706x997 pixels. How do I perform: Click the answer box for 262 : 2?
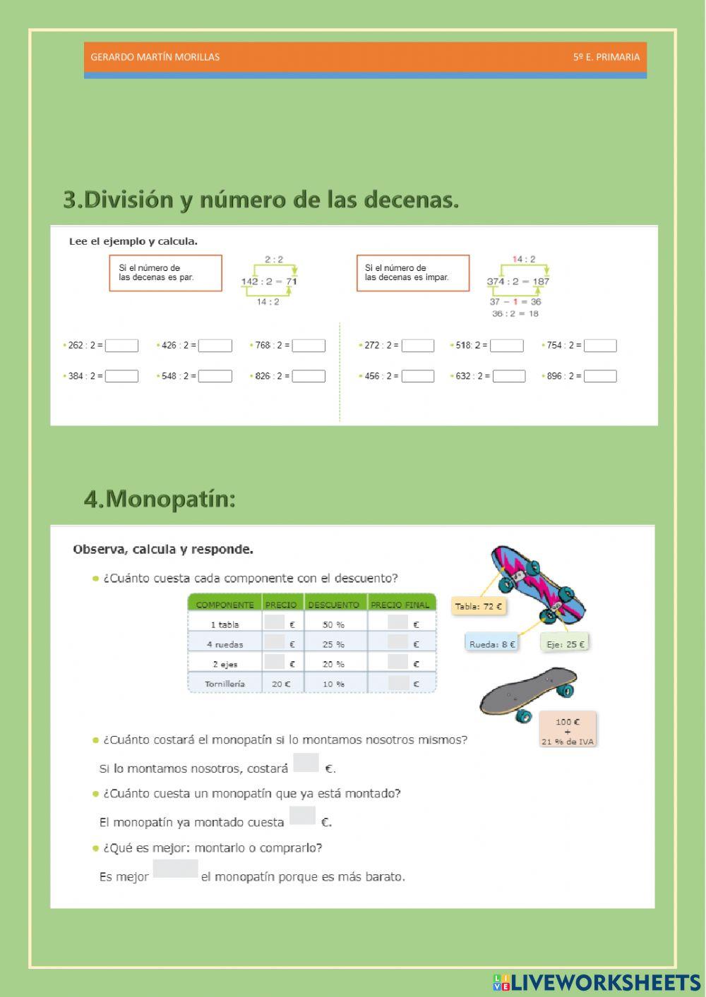pyautogui.click(x=121, y=346)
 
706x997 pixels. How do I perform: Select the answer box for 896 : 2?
pyautogui.click(x=600, y=376)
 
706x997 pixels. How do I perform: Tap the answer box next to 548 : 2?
pyautogui.click(x=215, y=376)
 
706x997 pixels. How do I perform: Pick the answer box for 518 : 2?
pyautogui.click(x=507, y=346)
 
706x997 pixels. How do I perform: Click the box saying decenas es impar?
pyautogui.click(x=412, y=273)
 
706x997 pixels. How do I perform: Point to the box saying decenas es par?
pyautogui.click(x=165, y=273)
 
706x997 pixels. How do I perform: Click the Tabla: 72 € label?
pyautogui.click(x=479, y=606)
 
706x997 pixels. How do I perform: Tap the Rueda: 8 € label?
pyautogui.click(x=491, y=644)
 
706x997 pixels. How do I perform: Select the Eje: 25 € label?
pyautogui.click(x=565, y=643)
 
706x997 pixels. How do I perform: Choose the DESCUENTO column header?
pyautogui.click(x=334, y=605)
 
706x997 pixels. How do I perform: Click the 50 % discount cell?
pyautogui.click(x=334, y=624)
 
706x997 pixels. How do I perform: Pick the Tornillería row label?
pyautogui.click(x=225, y=684)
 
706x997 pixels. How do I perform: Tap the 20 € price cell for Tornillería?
pyautogui.click(x=281, y=684)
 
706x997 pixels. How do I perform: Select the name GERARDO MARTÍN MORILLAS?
pyautogui.click(x=155, y=57)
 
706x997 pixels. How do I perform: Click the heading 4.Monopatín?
pyautogui.click(x=160, y=499)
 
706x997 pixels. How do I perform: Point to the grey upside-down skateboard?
pyautogui.click(x=527, y=694)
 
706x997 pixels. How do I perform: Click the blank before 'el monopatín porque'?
pyautogui.click(x=175, y=869)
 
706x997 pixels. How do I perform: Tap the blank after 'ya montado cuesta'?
pyautogui.click(x=302, y=816)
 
